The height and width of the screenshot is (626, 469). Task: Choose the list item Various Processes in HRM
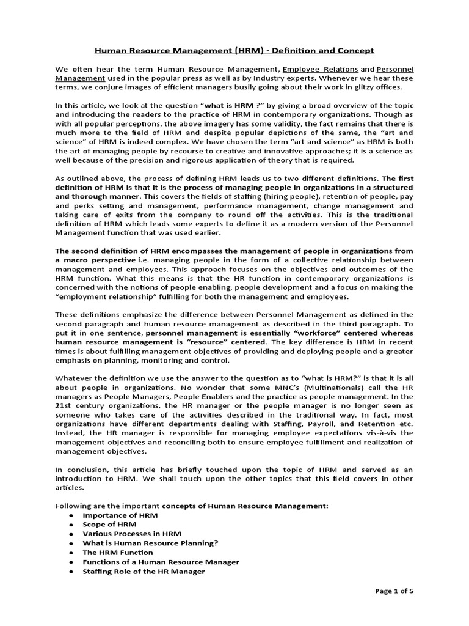(x=132, y=534)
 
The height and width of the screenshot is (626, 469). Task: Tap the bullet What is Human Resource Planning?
(x=150, y=543)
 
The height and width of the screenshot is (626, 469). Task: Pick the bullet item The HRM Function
(x=118, y=553)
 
